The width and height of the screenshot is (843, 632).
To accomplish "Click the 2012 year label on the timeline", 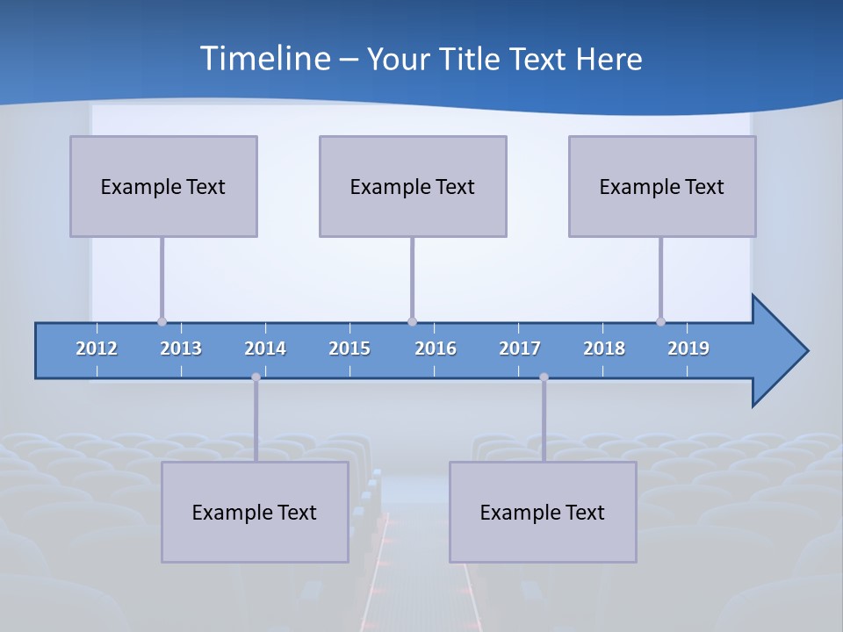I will pos(97,348).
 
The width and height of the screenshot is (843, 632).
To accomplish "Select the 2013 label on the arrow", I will pos(181,348).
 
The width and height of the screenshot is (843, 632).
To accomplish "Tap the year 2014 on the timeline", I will pos(265,348).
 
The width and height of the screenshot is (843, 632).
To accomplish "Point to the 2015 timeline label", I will pos(349,348).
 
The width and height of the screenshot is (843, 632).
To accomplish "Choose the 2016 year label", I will pos(436,348).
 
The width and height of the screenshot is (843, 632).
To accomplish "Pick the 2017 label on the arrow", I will pos(520,348).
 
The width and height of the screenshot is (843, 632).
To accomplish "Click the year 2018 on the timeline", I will pos(604,348).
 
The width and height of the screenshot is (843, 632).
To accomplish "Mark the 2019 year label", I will pos(688,348).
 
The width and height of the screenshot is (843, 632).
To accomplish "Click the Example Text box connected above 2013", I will pos(163,186).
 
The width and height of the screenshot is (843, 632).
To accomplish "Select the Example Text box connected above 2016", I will pos(413,186).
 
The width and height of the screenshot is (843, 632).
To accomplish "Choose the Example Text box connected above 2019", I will pos(662,186).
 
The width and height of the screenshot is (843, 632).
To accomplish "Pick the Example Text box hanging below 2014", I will pos(255,512).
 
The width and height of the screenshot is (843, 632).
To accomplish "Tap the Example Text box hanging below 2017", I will pos(543,512).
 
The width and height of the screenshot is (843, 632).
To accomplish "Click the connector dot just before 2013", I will pos(162,321).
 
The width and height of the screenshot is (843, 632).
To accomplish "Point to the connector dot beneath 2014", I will pos(256,377).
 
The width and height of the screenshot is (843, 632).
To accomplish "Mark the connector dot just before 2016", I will pos(412,321).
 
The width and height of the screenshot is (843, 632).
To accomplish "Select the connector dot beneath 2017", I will pos(544,377).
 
